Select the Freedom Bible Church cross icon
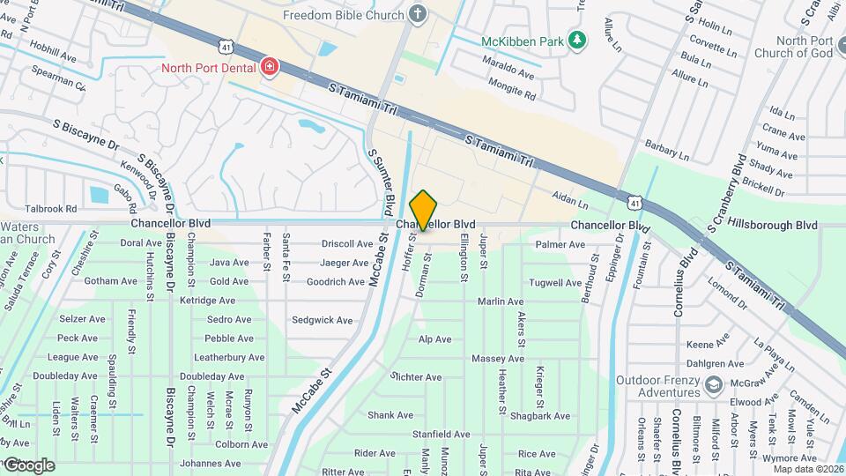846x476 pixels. click(x=418, y=14)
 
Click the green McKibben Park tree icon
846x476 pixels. click(x=577, y=40)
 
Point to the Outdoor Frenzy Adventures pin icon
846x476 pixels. click(x=712, y=385)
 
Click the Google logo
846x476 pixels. click(x=28, y=465)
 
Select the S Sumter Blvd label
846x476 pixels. click(x=381, y=181)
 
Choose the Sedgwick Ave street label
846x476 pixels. click(x=323, y=320)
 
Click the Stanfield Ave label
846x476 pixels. click(x=442, y=435)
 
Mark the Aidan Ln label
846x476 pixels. click(x=569, y=201)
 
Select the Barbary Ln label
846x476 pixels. click(x=666, y=150)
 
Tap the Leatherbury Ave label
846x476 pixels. click(x=229, y=357)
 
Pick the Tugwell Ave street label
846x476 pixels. click(x=555, y=282)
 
